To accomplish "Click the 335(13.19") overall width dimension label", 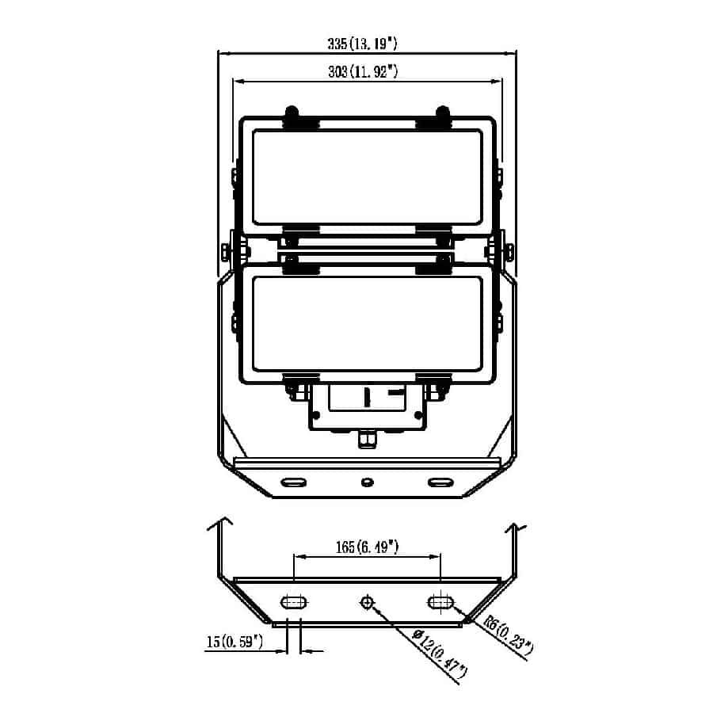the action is [362, 44].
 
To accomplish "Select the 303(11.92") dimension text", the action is [363, 71].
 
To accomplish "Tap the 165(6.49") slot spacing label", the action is [367, 547].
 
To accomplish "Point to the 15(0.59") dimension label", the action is [234, 642].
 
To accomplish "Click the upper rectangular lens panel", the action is [368, 177].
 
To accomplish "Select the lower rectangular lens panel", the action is [368, 324].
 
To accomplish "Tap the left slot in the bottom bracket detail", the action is [294, 603].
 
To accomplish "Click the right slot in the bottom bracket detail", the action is [440, 603].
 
